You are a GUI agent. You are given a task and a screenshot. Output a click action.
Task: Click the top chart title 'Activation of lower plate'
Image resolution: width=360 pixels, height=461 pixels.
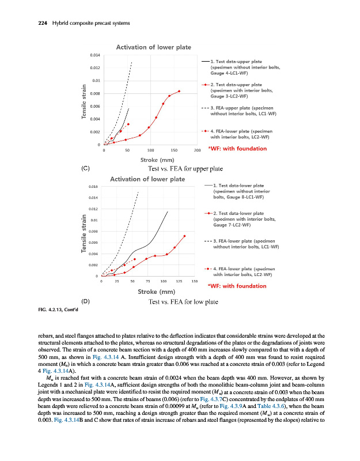point(154,47)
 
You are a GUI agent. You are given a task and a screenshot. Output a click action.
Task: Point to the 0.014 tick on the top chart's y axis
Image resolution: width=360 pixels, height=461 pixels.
point(96,55)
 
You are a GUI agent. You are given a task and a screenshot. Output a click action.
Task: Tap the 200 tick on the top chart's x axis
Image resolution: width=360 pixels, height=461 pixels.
point(197,150)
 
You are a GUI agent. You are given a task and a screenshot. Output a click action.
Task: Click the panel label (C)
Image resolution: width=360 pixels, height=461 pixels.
point(85,168)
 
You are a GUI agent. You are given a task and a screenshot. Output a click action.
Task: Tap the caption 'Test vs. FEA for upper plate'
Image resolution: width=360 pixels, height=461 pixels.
point(186,168)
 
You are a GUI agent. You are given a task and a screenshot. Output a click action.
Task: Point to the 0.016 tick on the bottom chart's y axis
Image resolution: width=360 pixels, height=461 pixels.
point(93,187)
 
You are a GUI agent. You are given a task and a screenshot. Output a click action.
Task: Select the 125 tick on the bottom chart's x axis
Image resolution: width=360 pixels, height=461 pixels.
point(179,282)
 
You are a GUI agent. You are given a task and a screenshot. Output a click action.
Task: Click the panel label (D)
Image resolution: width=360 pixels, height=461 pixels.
point(85,301)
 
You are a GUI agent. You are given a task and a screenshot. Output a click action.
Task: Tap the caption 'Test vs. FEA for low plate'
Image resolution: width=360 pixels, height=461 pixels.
point(183,301)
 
